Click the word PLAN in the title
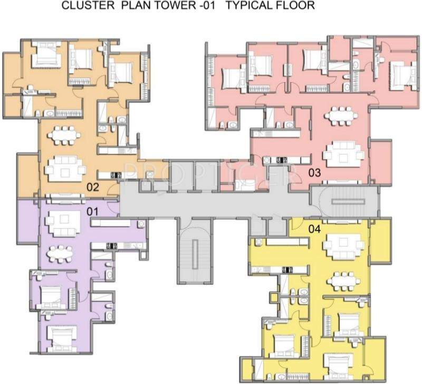tap(124, 6)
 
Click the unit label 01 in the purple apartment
tap(93, 211)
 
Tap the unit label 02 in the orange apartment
tap(93, 186)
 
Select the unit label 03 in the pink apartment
tap(315, 173)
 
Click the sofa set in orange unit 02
tap(64, 169)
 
